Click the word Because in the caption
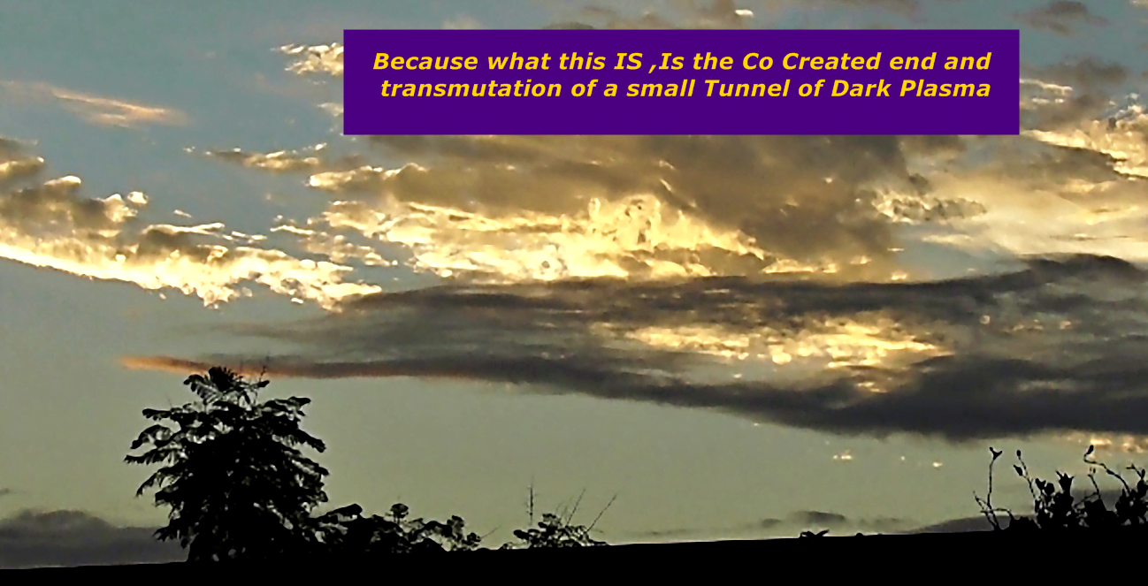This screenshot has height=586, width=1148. [425, 62]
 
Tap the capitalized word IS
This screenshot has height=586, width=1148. [628, 62]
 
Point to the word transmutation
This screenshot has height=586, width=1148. [471, 88]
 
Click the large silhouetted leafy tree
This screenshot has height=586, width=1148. [231, 461]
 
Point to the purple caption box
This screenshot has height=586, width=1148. [681, 82]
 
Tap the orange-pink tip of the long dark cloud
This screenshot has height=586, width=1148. [149, 363]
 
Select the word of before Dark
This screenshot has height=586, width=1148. [810, 88]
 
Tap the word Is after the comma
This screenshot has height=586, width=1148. [672, 62]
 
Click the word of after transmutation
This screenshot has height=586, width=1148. [583, 88]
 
